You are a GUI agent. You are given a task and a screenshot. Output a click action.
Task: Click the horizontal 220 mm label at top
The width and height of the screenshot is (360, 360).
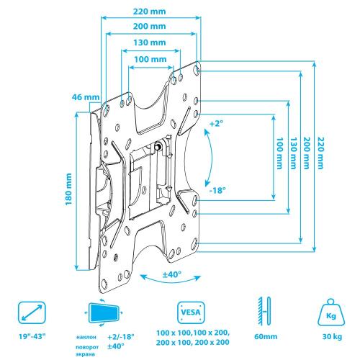coord(149,12)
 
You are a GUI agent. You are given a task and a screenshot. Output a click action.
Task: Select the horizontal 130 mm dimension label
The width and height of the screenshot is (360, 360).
coord(150,42)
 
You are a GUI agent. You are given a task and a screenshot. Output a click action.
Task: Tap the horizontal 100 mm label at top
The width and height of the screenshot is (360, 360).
coord(150,59)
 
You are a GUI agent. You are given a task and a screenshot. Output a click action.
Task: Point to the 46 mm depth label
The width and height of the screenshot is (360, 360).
coord(86,97)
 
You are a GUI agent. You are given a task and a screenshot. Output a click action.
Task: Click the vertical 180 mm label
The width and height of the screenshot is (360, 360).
coord(69,189)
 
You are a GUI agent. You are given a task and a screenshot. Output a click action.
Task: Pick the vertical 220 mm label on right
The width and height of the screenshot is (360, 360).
coord(320,153)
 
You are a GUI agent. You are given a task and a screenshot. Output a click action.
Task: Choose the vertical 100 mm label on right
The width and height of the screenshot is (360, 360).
coord(279,153)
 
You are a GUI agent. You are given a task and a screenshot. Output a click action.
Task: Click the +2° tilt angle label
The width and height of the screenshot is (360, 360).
coord(216,124)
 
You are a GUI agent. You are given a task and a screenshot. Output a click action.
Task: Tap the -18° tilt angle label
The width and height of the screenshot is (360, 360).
coord(217,191)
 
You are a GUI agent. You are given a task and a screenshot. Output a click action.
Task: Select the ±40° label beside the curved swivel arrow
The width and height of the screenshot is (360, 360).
coord(172,274)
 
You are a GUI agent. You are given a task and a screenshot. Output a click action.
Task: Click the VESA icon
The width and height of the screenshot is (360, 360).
coord(191,312)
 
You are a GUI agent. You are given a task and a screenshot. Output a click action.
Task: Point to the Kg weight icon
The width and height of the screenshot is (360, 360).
coord(331,312)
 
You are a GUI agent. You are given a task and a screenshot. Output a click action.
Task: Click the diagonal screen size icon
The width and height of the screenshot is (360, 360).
coord(32,312)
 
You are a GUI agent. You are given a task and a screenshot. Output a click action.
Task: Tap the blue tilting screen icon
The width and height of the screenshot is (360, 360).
coord(104,312)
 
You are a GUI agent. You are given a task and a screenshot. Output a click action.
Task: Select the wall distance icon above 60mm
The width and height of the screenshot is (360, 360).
coord(264,311)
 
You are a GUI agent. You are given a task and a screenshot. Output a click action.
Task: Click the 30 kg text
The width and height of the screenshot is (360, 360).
coord(332,336)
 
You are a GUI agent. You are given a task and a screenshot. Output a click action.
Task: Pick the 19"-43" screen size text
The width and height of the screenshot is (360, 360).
coord(32,336)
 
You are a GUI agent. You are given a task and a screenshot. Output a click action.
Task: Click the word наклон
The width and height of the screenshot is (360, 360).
coord(86,337)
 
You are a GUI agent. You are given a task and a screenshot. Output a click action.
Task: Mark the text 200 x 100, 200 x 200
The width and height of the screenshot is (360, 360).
coord(193,342)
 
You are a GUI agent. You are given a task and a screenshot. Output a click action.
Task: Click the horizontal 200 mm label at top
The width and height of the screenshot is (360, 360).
coord(149,26)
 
